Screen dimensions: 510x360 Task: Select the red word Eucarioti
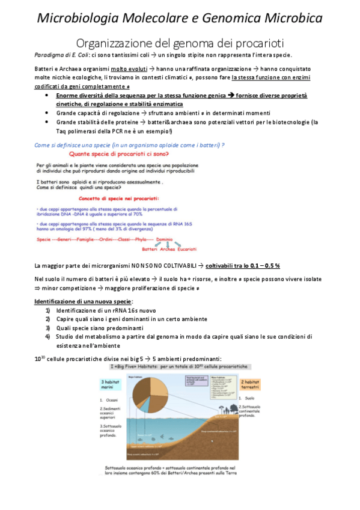click(x=186, y=248)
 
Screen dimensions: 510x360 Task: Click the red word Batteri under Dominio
click(x=149, y=248)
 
